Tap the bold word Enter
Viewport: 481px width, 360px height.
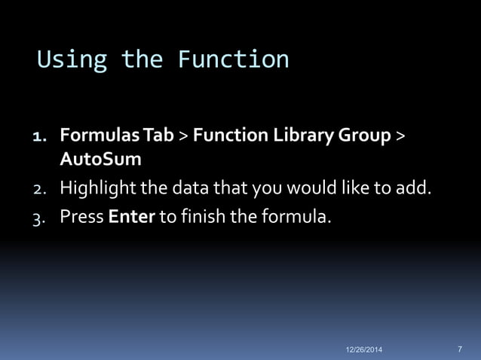(132, 218)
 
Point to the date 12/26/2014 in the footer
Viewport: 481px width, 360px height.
(364, 350)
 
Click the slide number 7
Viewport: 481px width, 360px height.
(460, 349)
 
